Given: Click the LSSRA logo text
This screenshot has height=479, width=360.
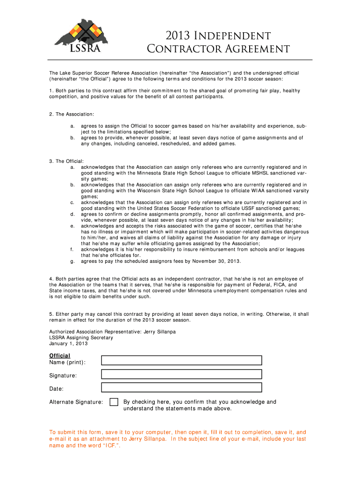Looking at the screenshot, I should pyautogui.click(x=85, y=49).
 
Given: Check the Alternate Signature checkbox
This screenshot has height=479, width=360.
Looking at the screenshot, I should pyautogui.click(x=114, y=402).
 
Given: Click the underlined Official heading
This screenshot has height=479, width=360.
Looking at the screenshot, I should pyautogui.click(x=60, y=356).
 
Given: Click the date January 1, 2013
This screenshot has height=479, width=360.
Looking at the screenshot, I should pyautogui.click(x=68, y=343).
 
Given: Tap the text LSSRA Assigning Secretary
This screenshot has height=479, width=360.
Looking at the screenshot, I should pyautogui.click(x=81, y=337).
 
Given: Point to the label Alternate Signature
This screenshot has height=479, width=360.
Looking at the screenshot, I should pyautogui.click(x=76, y=402).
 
